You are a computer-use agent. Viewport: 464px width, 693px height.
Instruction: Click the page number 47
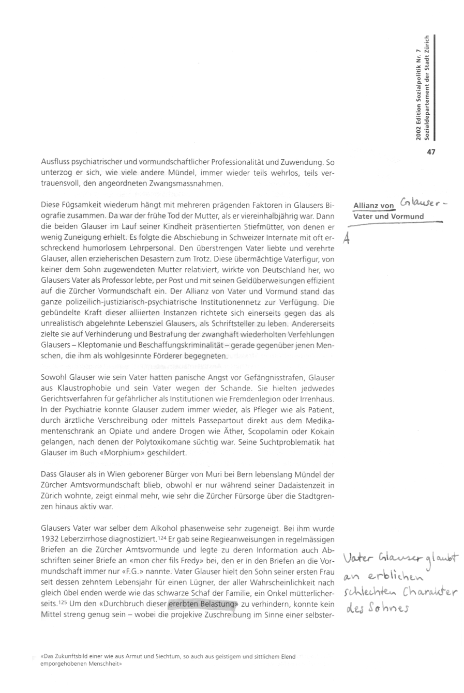point(431,152)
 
